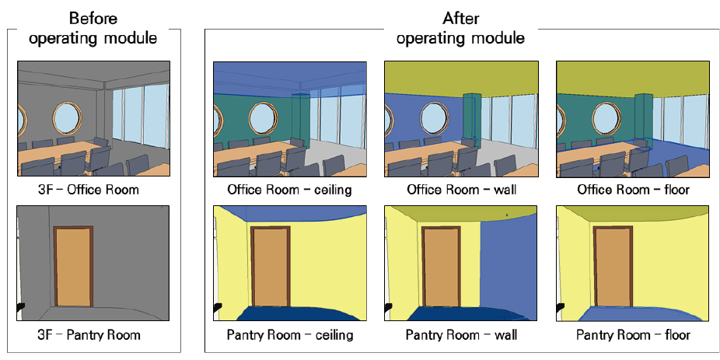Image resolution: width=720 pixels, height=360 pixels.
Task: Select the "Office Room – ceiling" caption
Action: click(x=290, y=190)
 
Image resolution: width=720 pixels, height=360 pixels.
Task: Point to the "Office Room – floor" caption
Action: click(x=633, y=190)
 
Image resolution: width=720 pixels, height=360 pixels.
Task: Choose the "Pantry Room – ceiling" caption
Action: click(x=290, y=334)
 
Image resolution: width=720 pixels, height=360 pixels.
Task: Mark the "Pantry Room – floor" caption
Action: click(x=633, y=334)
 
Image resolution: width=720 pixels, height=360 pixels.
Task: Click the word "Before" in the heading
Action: click(x=93, y=19)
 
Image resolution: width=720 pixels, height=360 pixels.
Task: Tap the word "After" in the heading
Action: click(x=460, y=19)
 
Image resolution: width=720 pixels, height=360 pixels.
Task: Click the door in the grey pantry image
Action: click(x=73, y=266)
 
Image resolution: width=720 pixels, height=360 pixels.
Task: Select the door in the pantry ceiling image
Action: click(x=271, y=266)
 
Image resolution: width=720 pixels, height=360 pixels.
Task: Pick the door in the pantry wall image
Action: click(x=442, y=266)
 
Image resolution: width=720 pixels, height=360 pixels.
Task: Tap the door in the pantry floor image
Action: click(x=613, y=266)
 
